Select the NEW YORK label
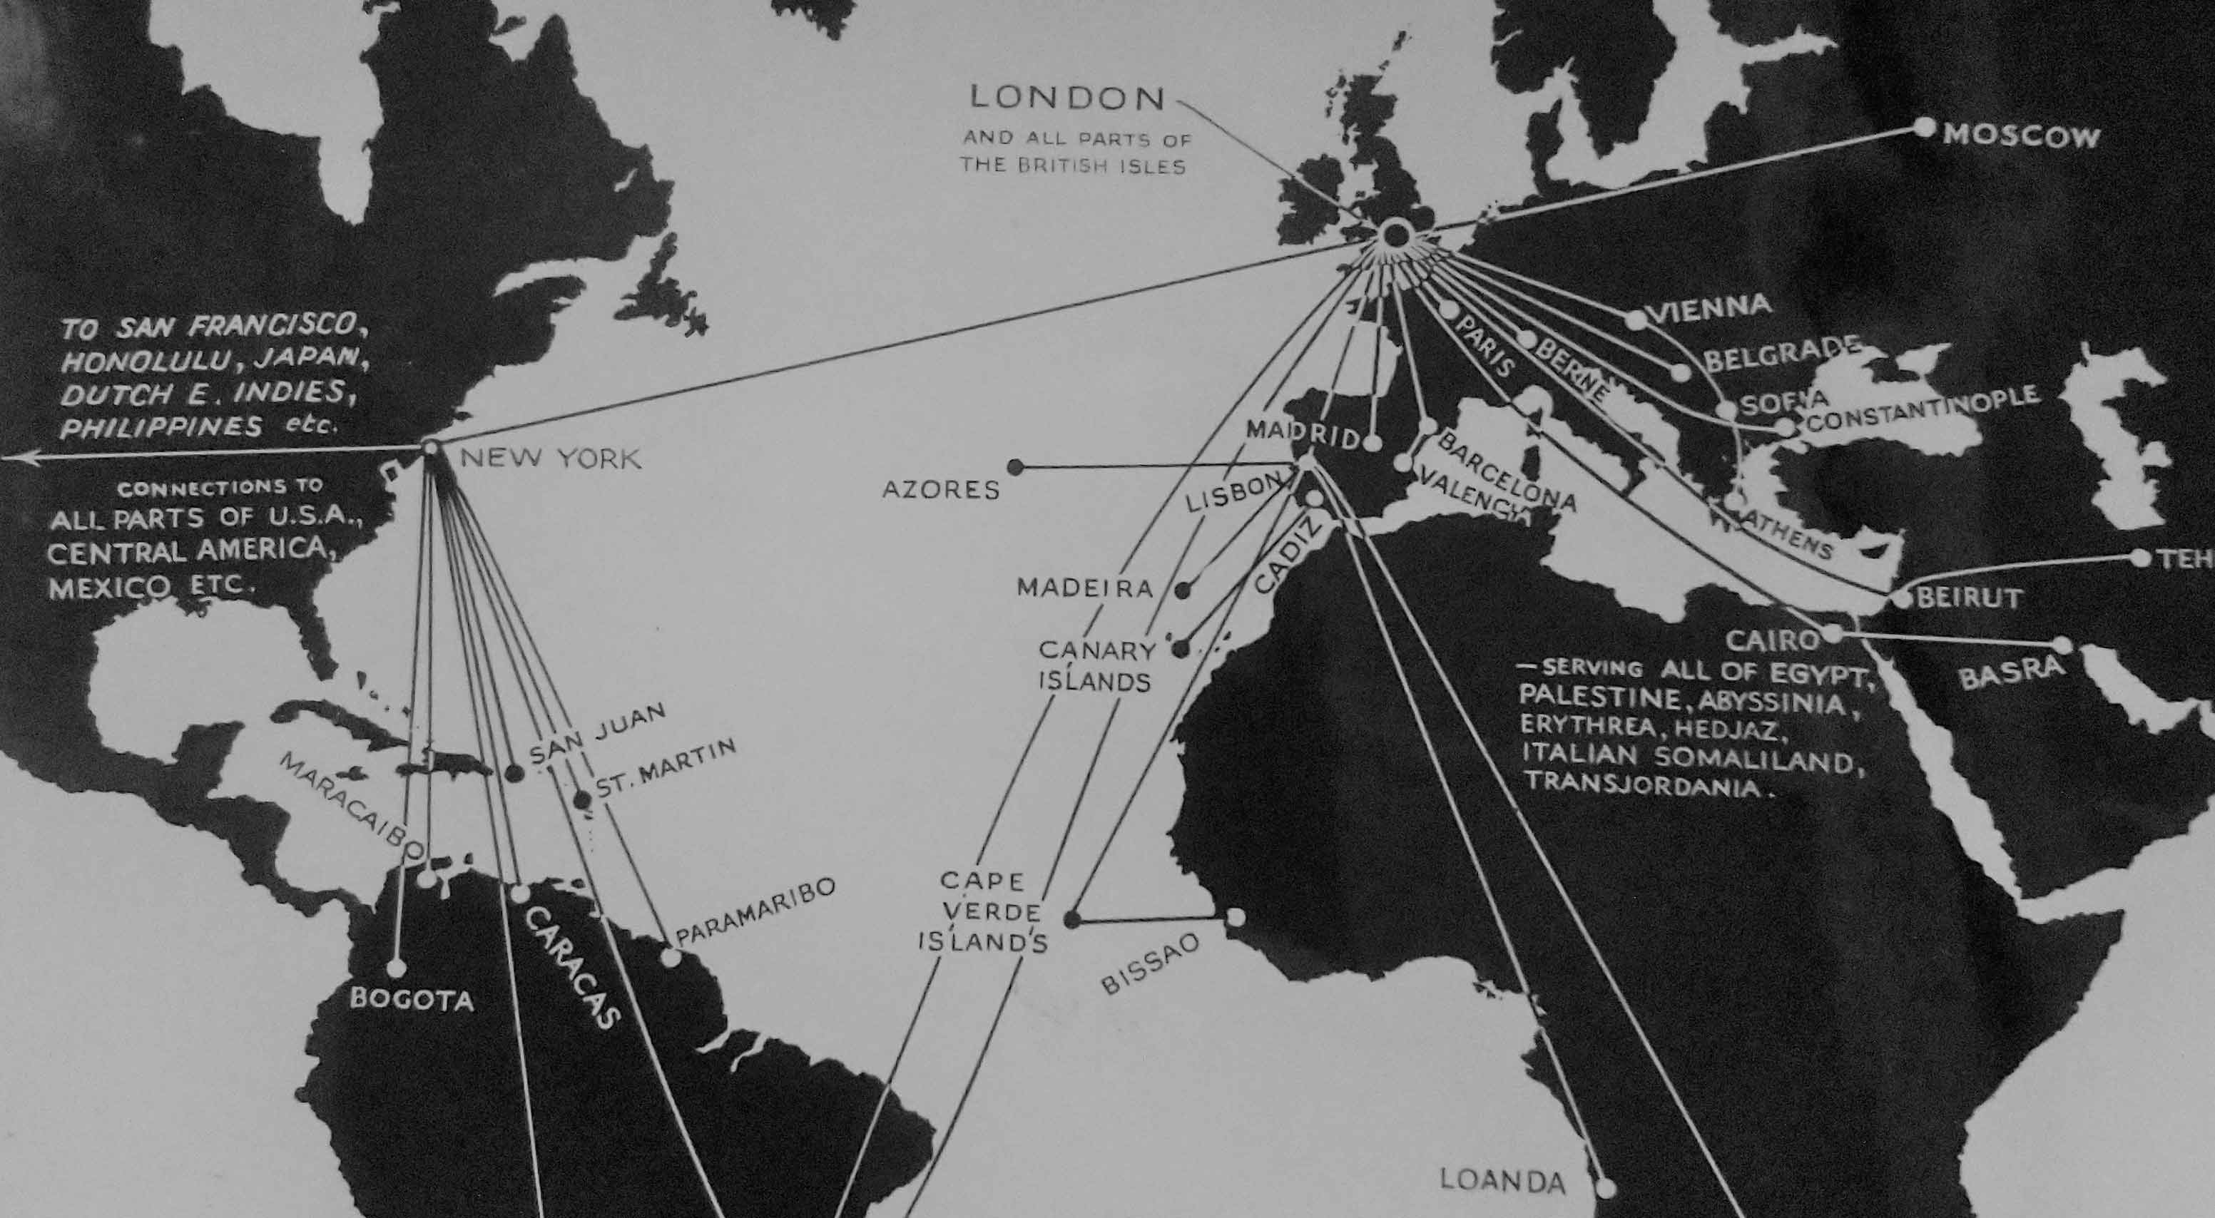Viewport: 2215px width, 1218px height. [x=550, y=457]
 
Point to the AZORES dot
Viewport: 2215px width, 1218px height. [x=1016, y=467]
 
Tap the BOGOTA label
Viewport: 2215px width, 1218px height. [x=412, y=1000]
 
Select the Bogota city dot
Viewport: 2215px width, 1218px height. [x=395, y=968]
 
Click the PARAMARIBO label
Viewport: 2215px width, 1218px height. [x=755, y=912]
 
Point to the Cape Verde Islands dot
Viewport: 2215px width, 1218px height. [x=1071, y=919]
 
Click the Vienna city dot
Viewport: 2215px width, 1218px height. [x=1636, y=319]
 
